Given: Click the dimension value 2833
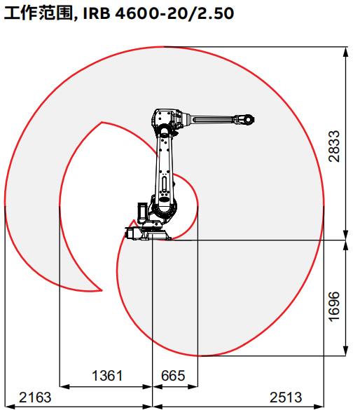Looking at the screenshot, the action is pyautogui.click(x=334, y=146).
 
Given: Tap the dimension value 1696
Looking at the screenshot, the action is pyautogui.click(x=334, y=306).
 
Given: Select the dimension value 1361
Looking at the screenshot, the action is pyautogui.click(x=107, y=376).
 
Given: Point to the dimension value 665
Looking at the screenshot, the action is pyautogui.click(x=173, y=376).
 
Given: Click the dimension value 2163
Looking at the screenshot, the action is pyautogui.click(x=35, y=397).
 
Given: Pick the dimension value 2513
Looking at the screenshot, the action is pyautogui.click(x=286, y=397).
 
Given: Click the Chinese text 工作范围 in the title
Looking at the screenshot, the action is pyautogui.click(x=38, y=13).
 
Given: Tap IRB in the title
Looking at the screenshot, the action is pyautogui.click(x=97, y=13).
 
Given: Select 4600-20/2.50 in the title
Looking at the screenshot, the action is pyautogui.click(x=174, y=13).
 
